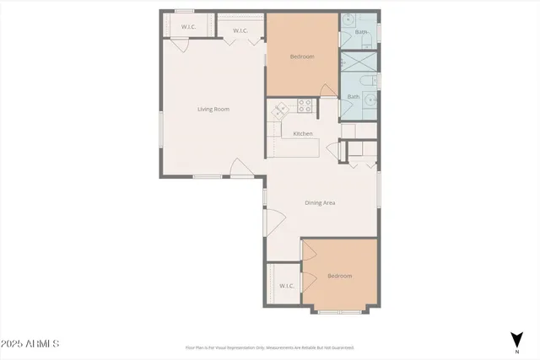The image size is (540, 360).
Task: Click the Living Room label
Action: point(213,109)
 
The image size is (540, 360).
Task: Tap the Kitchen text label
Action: point(303,134)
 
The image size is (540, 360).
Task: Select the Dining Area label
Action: point(321,202)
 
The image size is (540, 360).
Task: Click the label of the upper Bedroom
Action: point(302,56)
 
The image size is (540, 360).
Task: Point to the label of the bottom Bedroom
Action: point(339,276)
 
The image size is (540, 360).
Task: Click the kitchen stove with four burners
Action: point(305,106)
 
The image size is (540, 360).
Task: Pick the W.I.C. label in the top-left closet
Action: point(188,27)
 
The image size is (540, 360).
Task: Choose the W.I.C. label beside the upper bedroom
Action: point(240,31)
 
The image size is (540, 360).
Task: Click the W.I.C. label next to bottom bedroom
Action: point(287,286)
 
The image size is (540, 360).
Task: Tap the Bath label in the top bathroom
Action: point(361,32)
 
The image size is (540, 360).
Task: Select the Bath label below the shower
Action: point(354,96)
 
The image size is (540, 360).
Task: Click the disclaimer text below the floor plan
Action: point(270,347)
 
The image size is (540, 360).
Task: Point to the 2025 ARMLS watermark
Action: point(30,344)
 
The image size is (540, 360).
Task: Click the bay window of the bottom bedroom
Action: point(340,310)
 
